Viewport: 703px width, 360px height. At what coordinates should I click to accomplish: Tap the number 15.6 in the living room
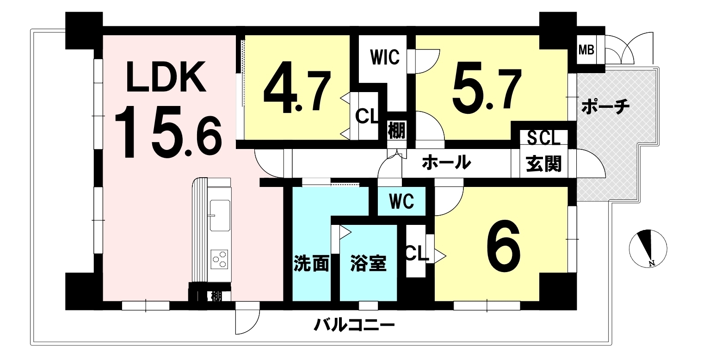[x=168, y=132]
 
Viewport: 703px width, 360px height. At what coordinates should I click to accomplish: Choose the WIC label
[x=385, y=57]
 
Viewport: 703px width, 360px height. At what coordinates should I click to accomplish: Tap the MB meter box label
[x=586, y=50]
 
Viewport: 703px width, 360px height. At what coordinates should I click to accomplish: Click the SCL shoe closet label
[x=543, y=138]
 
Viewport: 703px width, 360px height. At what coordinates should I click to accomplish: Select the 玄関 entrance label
[x=543, y=163]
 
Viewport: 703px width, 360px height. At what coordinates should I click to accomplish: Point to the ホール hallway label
[x=446, y=162]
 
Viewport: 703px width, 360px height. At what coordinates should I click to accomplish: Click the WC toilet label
[x=401, y=201]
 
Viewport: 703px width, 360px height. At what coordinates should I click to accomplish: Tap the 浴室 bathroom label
[x=368, y=263]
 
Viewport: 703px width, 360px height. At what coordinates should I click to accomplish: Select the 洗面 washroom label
[x=311, y=263]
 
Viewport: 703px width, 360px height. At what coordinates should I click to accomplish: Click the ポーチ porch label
[x=605, y=107]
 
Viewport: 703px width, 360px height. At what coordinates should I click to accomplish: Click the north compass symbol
[x=648, y=248]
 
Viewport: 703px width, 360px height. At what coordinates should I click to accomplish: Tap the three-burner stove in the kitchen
[x=219, y=259]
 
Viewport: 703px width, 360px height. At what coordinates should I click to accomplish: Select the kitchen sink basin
[x=220, y=216]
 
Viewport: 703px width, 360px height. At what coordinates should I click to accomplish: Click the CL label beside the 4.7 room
[x=366, y=117]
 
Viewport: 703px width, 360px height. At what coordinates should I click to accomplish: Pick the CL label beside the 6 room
[x=416, y=254]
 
